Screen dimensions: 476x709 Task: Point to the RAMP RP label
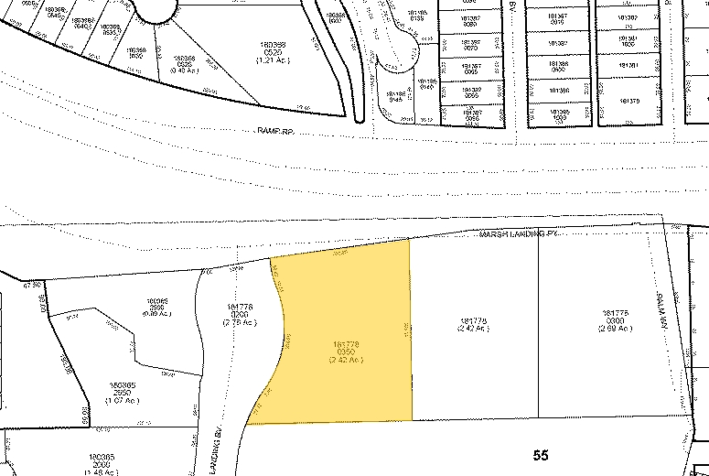pos(274,132)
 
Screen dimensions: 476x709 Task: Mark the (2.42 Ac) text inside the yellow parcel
pos(347,360)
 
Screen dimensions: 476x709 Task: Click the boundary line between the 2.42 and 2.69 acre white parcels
pos(539,330)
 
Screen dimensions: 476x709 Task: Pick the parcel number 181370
pos(628,100)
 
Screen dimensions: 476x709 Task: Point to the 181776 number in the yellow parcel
pos(347,343)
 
